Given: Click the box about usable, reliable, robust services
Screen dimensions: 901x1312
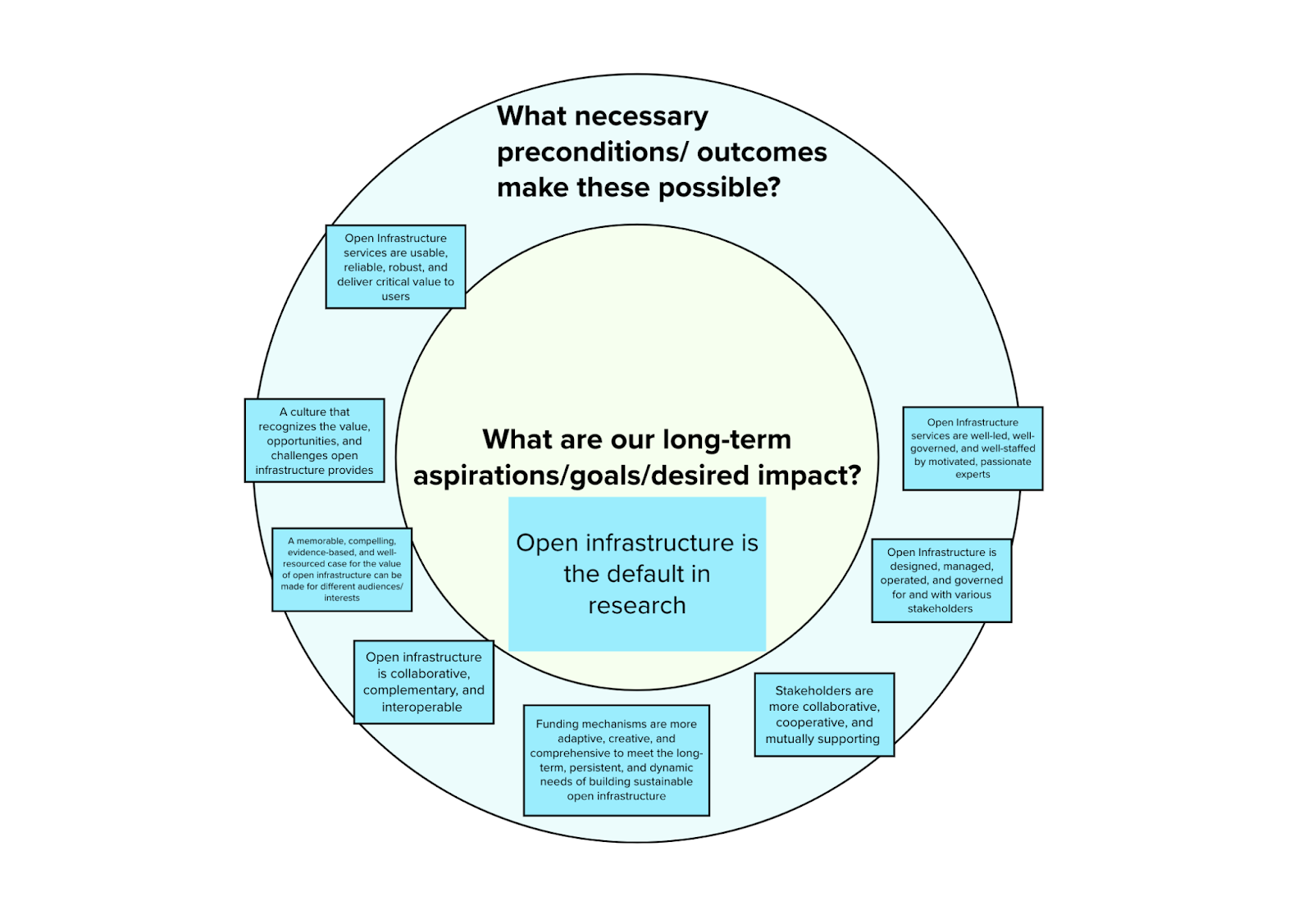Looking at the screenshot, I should [x=395, y=266].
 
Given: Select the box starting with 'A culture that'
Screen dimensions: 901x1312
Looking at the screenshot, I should [x=314, y=440].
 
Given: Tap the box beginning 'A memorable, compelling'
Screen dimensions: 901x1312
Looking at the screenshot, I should [x=342, y=569].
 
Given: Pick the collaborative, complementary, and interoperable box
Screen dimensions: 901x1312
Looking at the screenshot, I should [x=423, y=682].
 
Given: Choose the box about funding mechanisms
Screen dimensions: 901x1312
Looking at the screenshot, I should [x=616, y=760].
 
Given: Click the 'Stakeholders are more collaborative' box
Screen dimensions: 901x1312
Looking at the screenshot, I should [x=823, y=714].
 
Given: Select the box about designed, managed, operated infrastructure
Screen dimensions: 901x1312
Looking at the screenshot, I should [x=941, y=580].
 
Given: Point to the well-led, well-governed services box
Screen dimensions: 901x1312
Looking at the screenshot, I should [x=973, y=448].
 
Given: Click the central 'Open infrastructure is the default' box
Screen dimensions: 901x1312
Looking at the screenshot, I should [x=637, y=574].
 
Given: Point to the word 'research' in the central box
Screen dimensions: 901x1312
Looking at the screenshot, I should [x=637, y=605].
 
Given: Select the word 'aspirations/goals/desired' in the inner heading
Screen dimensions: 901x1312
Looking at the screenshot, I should [x=581, y=476].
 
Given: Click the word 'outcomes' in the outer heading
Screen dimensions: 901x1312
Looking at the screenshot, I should [x=762, y=152].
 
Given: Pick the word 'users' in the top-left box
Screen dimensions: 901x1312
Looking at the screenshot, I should [x=395, y=297].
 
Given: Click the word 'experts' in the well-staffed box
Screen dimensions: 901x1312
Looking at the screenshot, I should [x=973, y=475].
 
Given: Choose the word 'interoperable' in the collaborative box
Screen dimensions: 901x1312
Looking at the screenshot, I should [x=421, y=708].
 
